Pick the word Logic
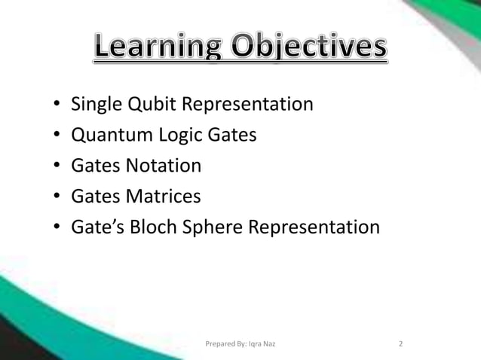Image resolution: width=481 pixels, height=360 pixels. point(176,135)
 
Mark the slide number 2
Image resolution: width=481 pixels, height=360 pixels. point(401,344)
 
